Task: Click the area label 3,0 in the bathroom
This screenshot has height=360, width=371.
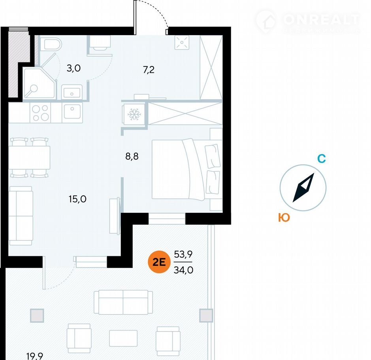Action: click(x=73, y=68)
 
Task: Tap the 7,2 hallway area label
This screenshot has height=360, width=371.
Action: click(x=149, y=70)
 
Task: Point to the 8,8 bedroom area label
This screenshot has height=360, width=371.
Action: click(x=133, y=156)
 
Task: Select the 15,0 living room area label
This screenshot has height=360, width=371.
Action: click(x=77, y=199)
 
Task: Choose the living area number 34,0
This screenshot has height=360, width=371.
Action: click(x=183, y=270)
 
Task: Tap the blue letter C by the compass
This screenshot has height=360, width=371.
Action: click(x=322, y=159)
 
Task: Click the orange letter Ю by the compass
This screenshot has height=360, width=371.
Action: click(x=284, y=218)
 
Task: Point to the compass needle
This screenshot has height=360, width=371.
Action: click(x=303, y=188)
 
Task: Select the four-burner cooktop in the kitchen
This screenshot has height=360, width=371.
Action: click(x=40, y=113)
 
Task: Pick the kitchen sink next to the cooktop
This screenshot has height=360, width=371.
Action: click(x=72, y=113)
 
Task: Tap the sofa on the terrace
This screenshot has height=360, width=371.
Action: click(x=123, y=302)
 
